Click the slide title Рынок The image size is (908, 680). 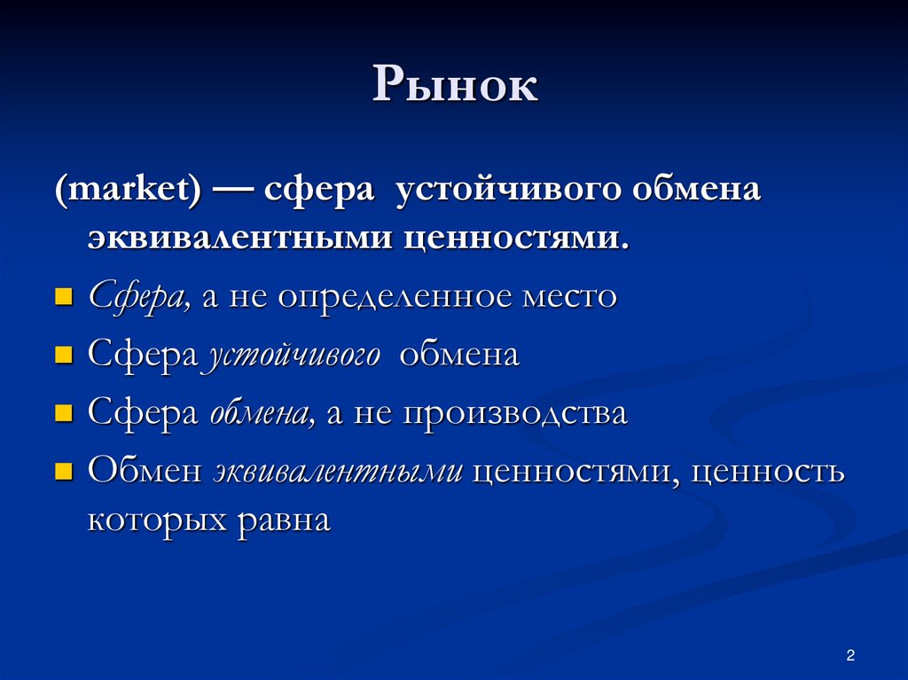pyautogui.click(x=454, y=87)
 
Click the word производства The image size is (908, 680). pyautogui.click(x=514, y=414)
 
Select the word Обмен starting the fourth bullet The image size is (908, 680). pyautogui.click(x=145, y=472)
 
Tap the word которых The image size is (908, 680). pyautogui.click(x=155, y=519)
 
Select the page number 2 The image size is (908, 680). pyautogui.click(x=850, y=656)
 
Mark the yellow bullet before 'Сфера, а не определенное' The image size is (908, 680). pyautogui.click(x=62, y=296)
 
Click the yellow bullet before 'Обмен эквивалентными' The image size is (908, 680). pyautogui.click(x=62, y=471)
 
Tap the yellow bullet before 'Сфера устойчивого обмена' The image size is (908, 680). pyautogui.click(x=62, y=355)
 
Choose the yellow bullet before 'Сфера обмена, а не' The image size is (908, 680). pyautogui.click(x=62, y=413)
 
